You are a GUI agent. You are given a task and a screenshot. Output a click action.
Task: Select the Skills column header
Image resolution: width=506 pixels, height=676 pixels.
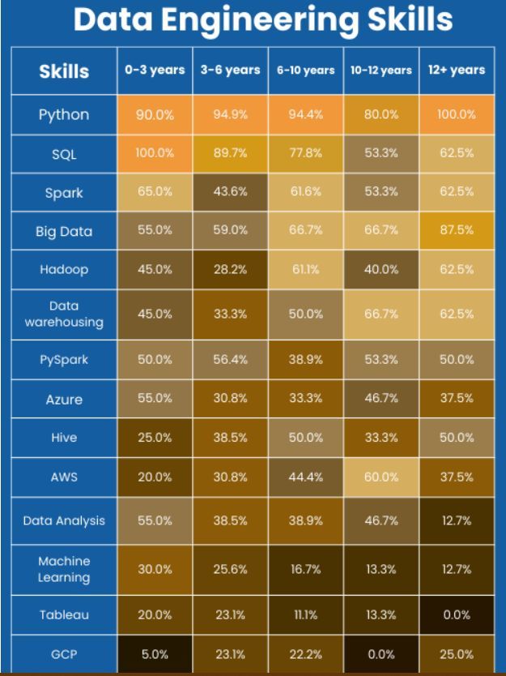click(64, 71)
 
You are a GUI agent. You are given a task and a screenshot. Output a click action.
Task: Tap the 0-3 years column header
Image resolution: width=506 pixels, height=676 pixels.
click(155, 71)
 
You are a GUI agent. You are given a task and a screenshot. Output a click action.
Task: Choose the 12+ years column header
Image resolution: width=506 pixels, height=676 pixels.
click(457, 71)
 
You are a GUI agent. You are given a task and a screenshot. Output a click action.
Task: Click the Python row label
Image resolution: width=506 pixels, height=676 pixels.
click(64, 114)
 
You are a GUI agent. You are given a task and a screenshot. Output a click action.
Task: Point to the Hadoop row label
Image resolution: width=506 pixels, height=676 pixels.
click(64, 270)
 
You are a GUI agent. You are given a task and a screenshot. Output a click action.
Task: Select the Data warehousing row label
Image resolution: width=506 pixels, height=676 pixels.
click(64, 314)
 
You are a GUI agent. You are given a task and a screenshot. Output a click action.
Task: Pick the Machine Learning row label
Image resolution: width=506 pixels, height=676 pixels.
click(64, 569)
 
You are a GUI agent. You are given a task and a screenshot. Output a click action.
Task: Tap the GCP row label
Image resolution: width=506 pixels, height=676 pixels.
click(64, 654)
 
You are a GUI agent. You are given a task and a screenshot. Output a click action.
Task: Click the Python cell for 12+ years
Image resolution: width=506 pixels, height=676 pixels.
click(457, 114)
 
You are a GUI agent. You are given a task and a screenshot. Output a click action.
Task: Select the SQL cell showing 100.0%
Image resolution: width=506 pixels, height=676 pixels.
click(155, 153)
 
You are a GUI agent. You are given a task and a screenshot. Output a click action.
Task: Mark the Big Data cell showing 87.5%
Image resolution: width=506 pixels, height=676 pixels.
click(457, 230)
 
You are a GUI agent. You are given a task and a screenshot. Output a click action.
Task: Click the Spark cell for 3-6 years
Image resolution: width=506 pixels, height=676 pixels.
click(230, 191)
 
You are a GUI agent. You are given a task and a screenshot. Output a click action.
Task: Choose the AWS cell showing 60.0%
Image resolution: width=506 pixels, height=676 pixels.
click(381, 477)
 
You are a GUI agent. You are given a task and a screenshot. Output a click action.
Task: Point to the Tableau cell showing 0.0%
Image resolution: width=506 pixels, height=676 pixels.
click(457, 615)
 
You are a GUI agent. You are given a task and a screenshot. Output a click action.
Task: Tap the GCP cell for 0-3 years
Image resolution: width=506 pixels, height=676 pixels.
click(155, 654)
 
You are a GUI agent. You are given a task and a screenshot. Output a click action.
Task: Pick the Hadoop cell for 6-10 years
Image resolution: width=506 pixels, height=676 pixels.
click(305, 270)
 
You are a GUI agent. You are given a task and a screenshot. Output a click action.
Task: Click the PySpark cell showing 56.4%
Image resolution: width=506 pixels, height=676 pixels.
click(230, 360)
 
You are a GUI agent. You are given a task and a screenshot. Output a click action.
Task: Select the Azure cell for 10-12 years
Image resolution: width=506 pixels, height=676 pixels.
click(381, 399)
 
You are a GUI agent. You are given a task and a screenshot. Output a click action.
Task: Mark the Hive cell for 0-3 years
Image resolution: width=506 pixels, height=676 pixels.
click(155, 438)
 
